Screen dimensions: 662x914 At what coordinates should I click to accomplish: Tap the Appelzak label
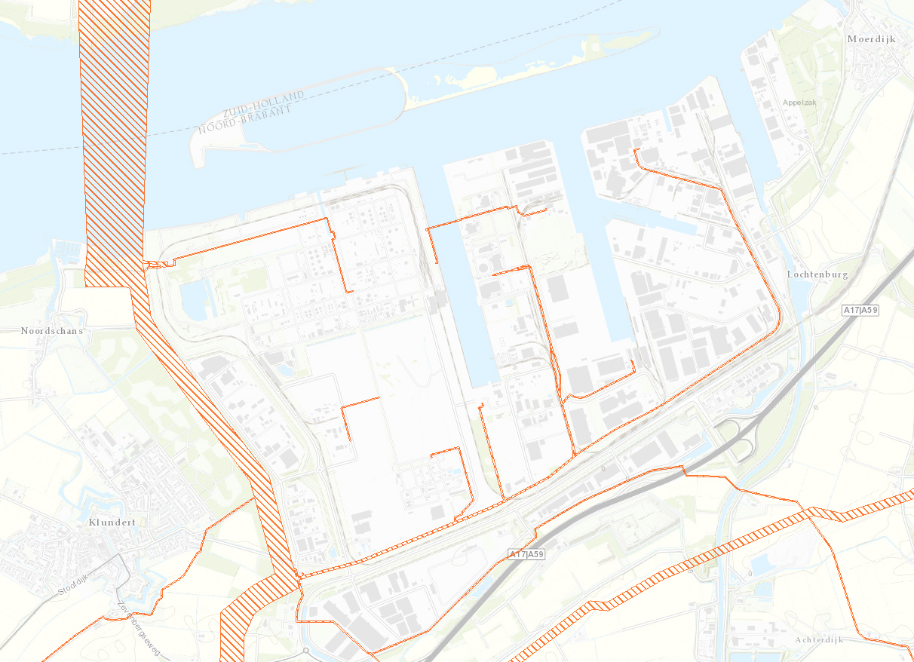click(x=800, y=102)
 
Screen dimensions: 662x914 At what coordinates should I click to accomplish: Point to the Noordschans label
click(x=52, y=331)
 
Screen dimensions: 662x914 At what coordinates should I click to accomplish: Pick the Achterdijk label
click(x=819, y=640)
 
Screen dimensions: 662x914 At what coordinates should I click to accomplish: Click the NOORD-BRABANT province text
click(x=244, y=119)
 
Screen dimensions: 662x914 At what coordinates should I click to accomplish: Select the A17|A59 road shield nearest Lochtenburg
click(x=861, y=310)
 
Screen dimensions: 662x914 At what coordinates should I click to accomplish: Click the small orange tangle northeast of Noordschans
click(x=158, y=264)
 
